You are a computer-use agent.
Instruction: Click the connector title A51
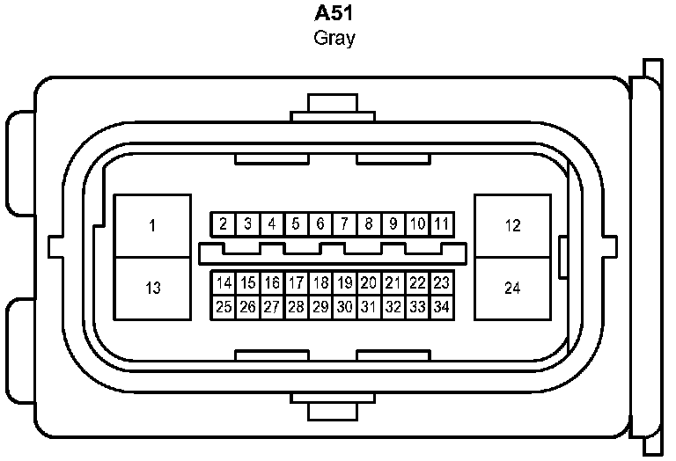pos(334,15)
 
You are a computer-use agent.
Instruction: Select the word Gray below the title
pos(334,39)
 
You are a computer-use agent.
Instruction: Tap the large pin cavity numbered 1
pos(153,226)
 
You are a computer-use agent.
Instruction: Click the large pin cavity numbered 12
pos(512,226)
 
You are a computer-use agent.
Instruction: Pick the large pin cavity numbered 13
pos(153,288)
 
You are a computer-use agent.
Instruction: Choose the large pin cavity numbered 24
pos(512,288)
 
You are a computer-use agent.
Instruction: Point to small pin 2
pos(224,224)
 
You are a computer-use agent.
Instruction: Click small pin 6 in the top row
pos(320,224)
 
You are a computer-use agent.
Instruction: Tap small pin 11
pos(442,224)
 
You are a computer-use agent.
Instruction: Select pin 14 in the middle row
pos(224,283)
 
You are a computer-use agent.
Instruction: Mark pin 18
pos(320,283)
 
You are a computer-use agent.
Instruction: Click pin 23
pos(442,283)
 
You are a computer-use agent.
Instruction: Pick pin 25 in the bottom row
pos(224,307)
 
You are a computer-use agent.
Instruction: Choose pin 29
pos(320,307)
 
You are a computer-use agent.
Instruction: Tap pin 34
pos(442,307)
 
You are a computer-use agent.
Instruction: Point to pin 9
pos(393,224)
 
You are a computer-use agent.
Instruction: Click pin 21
pos(393,283)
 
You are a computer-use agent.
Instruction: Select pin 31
pos(369,307)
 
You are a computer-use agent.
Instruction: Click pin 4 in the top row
pos(272,224)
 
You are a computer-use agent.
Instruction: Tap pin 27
pos(272,307)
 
